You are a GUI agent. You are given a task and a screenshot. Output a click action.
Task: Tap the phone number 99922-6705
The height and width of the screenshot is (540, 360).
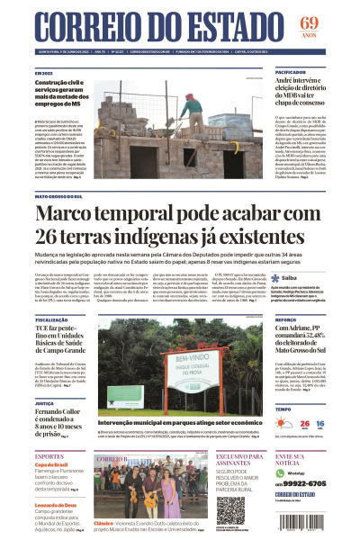300,482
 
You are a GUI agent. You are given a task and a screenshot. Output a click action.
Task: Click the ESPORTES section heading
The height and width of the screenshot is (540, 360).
49,456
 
